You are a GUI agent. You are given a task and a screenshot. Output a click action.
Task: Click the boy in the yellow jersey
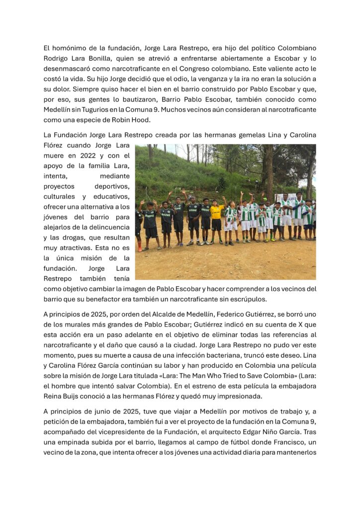point(216,217)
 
